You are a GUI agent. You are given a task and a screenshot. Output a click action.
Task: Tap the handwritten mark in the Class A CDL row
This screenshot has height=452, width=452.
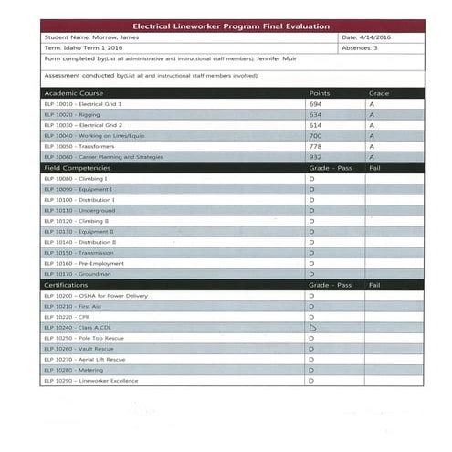pyautogui.click(x=312, y=327)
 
